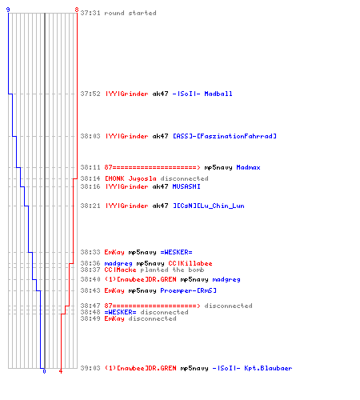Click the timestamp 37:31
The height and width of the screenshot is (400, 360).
point(90,13)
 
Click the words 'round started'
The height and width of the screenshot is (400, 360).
point(130,13)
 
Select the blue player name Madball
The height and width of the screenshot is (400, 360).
point(218,94)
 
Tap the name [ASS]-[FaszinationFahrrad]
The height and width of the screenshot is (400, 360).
point(225,136)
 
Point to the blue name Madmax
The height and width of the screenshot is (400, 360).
point(248,167)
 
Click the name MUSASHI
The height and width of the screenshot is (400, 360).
point(186,186)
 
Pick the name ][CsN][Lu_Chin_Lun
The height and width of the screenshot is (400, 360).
point(208,206)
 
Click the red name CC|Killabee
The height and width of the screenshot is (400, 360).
point(190,263)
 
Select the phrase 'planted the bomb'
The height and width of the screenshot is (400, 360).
point(172,270)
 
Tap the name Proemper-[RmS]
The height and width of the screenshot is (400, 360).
point(188,290)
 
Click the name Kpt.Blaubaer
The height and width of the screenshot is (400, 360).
point(268,368)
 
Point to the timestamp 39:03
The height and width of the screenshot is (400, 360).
point(90,368)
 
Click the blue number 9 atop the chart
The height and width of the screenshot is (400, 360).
point(8,10)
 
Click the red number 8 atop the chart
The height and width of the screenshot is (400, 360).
point(77,10)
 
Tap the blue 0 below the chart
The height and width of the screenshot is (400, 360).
point(44,371)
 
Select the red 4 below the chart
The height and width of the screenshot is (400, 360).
point(61,371)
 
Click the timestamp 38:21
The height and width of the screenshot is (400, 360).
point(90,206)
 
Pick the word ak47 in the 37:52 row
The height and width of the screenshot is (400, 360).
point(160,94)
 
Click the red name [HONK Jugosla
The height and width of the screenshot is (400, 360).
point(130,178)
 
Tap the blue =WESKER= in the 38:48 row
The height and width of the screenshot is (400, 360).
point(120,312)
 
